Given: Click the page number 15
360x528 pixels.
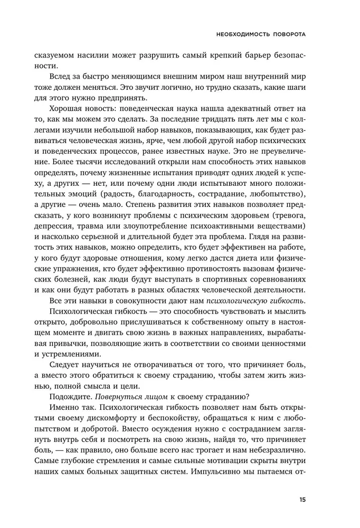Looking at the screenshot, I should pos(301,499).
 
